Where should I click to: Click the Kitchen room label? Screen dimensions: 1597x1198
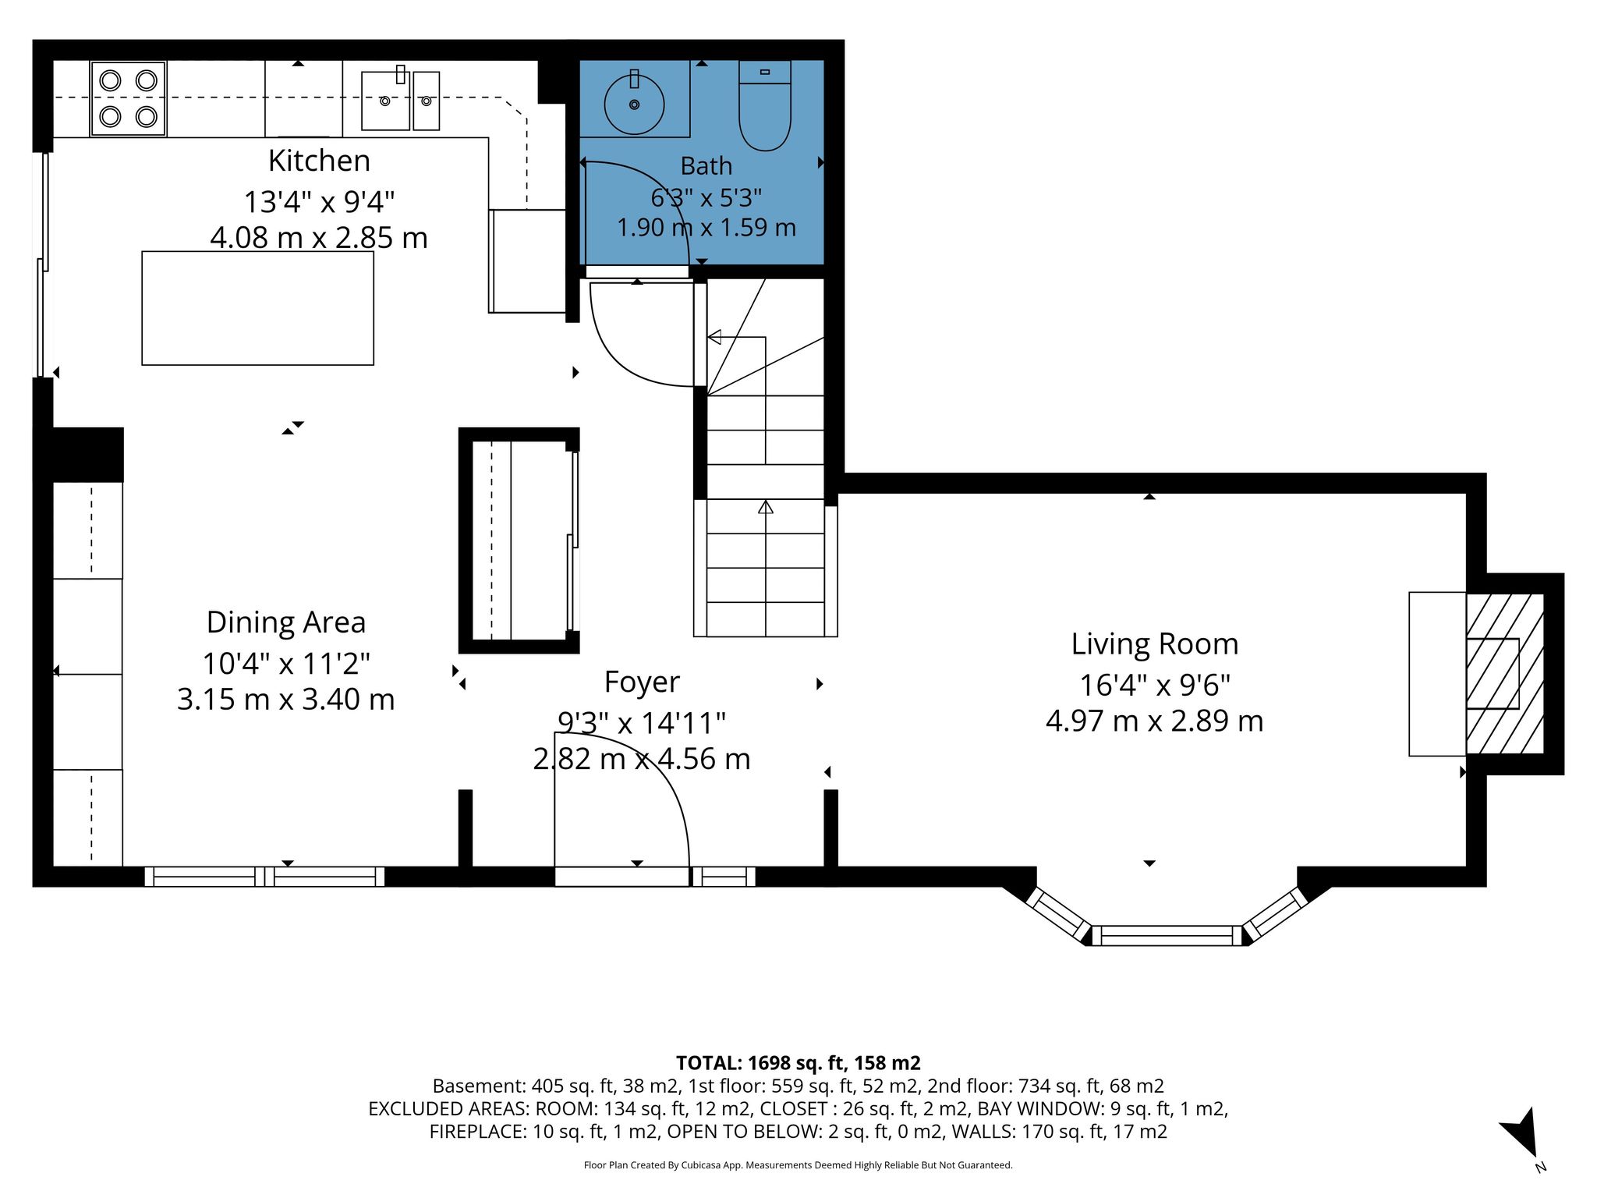point(319,161)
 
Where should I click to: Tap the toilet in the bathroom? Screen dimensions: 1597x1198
point(765,105)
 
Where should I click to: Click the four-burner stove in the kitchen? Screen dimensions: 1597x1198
point(128,99)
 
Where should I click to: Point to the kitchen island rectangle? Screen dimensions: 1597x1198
point(257,307)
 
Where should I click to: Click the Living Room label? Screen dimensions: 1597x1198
point(1154,644)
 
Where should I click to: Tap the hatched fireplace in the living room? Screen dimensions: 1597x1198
point(1504,674)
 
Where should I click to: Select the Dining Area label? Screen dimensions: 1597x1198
point(285,622)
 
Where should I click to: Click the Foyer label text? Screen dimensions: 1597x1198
point(642,682)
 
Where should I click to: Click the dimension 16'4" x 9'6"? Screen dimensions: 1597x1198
point(1154,686)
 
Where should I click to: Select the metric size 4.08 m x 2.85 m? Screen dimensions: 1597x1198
point(319,238)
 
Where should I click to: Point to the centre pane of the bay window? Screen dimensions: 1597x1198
point(1167,935)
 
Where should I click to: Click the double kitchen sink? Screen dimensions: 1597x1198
point(400,100)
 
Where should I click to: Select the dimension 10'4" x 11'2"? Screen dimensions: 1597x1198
point(285,664)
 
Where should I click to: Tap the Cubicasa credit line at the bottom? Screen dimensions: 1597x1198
point(798,1165)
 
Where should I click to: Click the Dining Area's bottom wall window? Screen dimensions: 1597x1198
point(264,877)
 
